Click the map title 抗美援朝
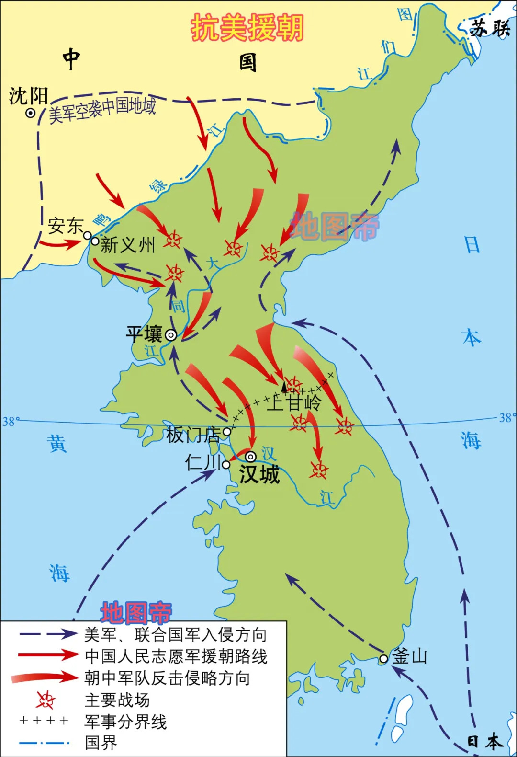[247, 27]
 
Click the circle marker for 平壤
[171, 335]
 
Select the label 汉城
[259, 474]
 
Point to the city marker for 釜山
[383, 659]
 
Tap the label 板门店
[193, 435]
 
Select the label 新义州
[128, 245]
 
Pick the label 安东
[66, 226]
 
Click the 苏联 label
[490, 29]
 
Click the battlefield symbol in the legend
[45, 700]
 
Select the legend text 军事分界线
[125, 722]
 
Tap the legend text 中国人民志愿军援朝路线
[176, 656]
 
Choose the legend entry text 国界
[101, 743]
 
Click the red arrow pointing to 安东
[60, 244]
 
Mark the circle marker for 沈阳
[31, 113]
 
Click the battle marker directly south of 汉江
[318, 470]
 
